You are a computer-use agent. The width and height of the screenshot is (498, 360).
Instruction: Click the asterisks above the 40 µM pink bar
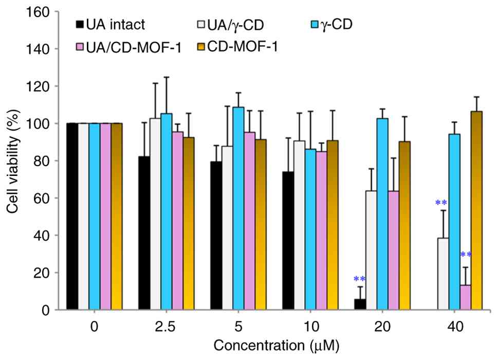coord(465,255)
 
